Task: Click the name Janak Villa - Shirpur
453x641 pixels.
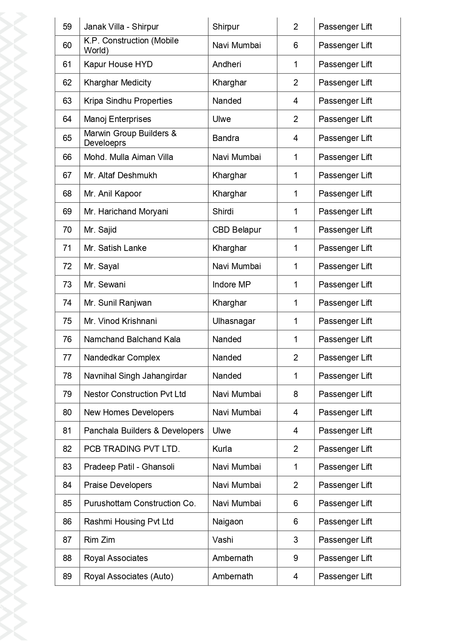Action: point(121,27)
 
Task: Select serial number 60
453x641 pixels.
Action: point(67,45)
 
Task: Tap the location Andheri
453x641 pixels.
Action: point(227,64)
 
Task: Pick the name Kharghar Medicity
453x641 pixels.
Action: point(118,83)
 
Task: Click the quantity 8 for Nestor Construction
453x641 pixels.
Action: point(296,394)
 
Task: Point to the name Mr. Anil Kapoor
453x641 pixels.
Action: point(112,194)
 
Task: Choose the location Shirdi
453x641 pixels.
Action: point(223,211)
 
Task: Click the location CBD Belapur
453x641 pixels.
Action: point(237,230)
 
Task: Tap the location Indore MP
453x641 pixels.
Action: point(231,285)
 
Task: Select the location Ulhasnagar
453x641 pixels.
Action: point(234,321)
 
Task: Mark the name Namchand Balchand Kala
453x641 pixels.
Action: point(132,339)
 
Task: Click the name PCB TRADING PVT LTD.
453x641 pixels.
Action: point(132,449)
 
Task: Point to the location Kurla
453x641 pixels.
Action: point(222,449)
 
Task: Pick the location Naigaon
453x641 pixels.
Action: point(228,522)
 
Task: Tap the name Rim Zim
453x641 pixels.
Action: point(99,540)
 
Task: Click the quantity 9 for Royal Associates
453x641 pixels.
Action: point(296,558)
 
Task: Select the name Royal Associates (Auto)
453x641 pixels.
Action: point(128,576)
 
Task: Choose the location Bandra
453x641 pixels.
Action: point(226,138)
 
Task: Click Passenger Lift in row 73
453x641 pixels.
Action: point(345,285)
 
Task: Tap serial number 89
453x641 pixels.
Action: point(67,576)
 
